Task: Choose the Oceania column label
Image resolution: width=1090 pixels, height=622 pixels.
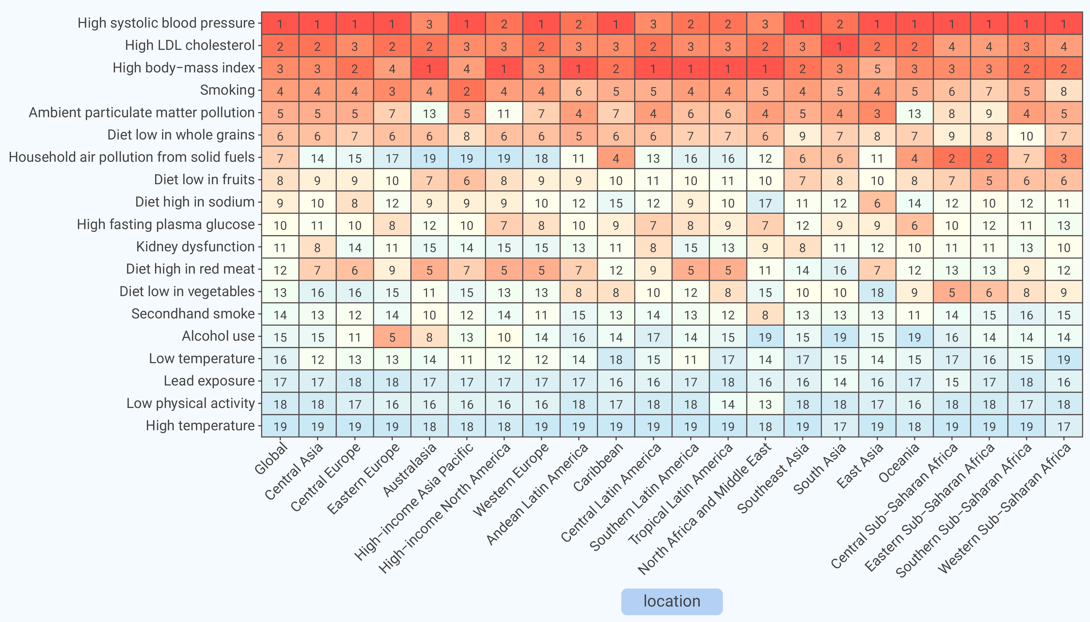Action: click(x=898, y=463)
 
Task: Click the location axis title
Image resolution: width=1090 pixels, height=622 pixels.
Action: click(x=672, y=601)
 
